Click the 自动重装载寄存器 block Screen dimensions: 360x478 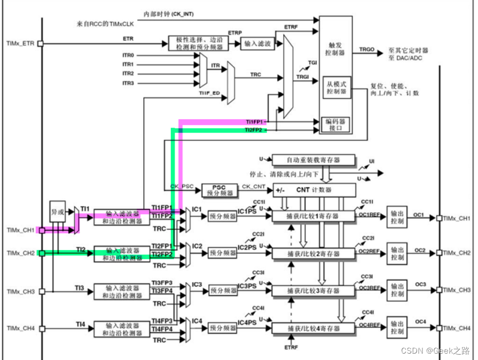point(314,160)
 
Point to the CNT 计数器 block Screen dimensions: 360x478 point(314,189)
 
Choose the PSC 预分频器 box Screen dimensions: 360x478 point(218,190)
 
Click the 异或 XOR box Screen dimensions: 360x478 point(58,211)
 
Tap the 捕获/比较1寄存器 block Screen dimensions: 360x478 point(314,216)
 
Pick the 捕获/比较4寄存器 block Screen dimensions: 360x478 point(314,328)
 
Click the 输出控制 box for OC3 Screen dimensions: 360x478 point(397,291)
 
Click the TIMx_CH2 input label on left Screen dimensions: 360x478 point(20,253)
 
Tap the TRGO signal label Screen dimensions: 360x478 point(367,49)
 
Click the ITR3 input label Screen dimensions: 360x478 point(128,83)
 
